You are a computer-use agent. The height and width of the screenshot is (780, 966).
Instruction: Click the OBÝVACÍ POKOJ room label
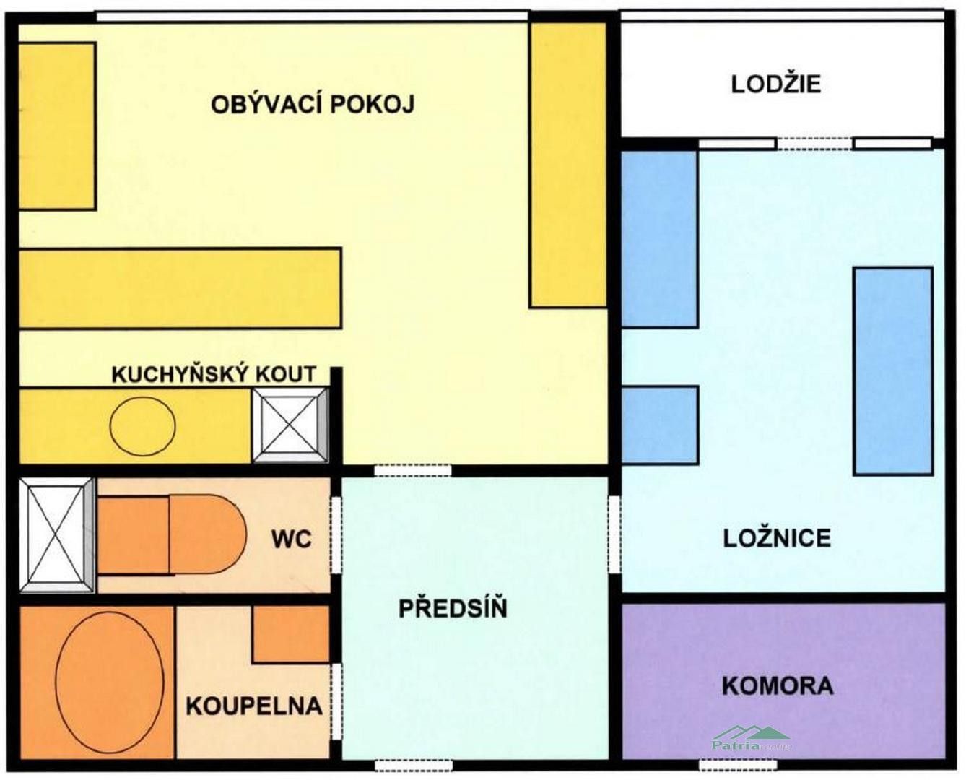point(313,105)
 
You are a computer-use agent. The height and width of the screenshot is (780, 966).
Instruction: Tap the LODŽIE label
point(776,84)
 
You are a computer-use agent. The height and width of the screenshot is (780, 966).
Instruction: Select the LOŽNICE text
point(777,538)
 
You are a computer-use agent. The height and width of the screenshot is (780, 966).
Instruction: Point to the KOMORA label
point(778,685)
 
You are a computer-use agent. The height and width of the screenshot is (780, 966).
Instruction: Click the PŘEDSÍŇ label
point(453,608)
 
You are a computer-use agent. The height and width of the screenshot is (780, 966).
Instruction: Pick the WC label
point(292,539)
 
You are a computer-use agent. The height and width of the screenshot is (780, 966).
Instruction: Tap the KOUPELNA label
point(253,706)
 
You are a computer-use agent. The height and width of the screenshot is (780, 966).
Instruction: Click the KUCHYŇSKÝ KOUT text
point(214,374)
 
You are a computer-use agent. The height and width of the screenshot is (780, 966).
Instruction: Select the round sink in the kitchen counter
point(142,425)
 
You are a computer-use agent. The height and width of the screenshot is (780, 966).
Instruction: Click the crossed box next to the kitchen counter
point(290,425)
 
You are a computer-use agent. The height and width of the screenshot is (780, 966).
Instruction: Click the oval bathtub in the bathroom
point(110,683)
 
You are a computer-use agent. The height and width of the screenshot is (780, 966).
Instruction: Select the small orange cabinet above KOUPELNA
point(291,634)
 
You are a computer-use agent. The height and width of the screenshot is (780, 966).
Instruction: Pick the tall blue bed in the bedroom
point(892,370)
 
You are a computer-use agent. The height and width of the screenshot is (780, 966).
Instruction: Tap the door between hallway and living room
point(412,470)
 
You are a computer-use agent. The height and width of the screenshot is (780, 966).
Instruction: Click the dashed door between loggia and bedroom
point(815,144)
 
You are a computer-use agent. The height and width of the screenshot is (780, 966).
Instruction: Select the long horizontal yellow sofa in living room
point(180,288)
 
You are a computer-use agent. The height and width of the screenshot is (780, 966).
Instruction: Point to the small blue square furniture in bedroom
point(660,425)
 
